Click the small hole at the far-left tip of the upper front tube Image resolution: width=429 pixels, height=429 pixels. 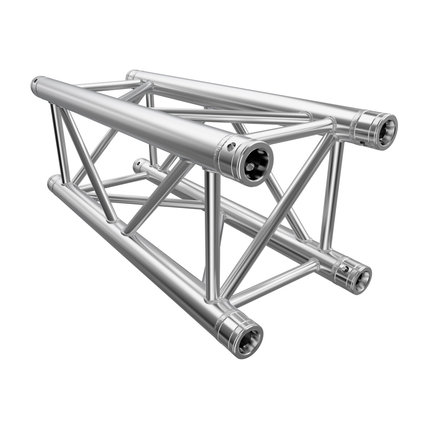click(35, 82)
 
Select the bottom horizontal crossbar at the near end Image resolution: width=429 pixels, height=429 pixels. click(275, 281)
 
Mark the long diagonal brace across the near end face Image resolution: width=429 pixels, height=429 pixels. click(275, 214)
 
